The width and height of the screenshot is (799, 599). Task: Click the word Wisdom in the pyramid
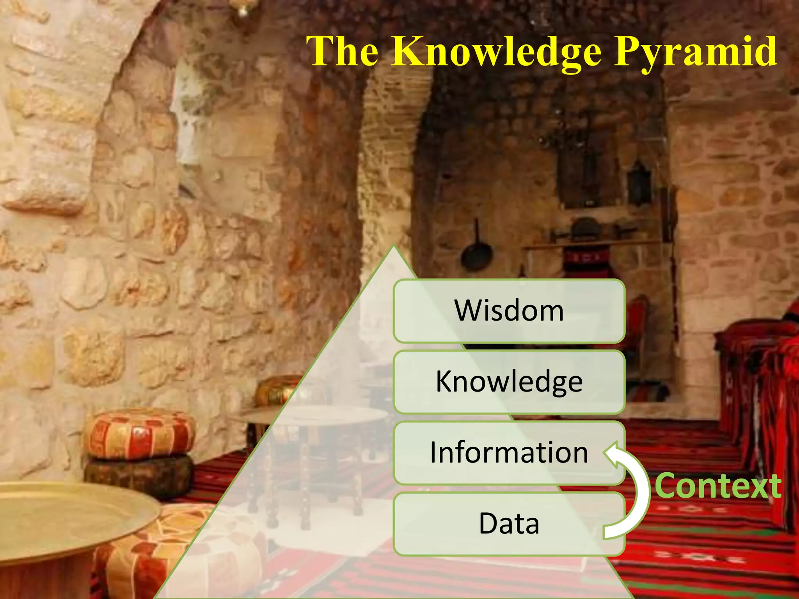point(509,311)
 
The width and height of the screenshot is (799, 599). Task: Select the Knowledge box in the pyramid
point(509,382)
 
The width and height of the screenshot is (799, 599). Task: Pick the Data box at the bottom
point(509,524)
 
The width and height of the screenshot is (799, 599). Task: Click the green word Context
point(718,486)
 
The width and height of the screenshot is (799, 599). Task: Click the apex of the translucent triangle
point(394,248)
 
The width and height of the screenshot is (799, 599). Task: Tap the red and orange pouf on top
point(140,433)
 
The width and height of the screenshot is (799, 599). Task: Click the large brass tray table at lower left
point(66,515)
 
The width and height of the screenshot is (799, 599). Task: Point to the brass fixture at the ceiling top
point(243,10)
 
